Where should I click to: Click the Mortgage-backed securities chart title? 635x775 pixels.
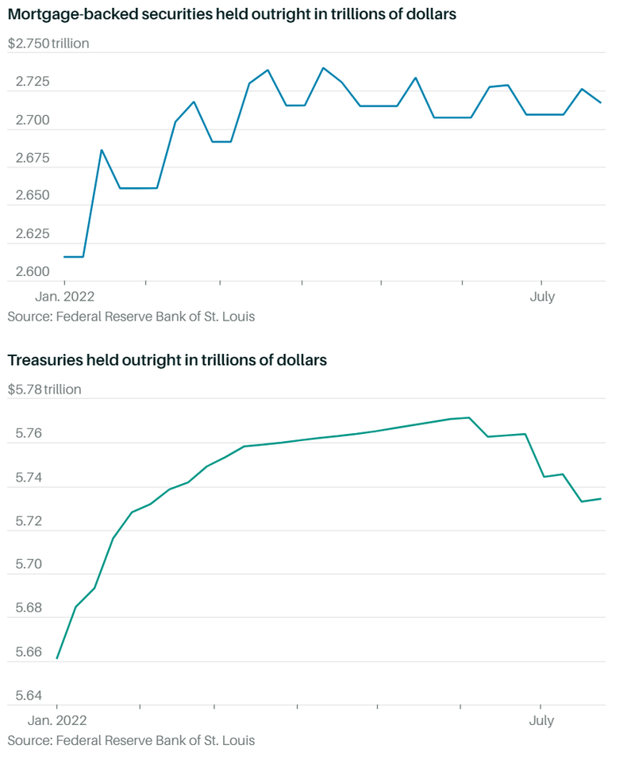[232, 15]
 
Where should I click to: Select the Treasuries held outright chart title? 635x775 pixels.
[167, 360]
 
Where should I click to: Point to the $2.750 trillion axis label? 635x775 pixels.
[48, 44]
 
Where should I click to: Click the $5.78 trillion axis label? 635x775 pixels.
[44, 389]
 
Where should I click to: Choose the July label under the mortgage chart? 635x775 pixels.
[542, 297]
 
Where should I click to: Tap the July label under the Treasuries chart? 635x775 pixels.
[541, 721]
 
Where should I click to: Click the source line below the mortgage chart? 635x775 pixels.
[131, 317]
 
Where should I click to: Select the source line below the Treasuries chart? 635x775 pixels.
[131, 741]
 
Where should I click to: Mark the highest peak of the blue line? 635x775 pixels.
[323, 68]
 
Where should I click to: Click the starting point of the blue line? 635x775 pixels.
[64, 257]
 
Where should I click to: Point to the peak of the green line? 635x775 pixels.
[470, 417]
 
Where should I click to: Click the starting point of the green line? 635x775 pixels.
[57, 658]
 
